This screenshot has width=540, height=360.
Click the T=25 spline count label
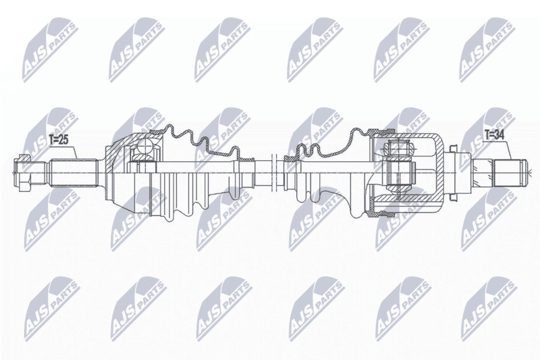click(59, 140)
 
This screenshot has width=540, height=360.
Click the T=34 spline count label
click(494, 135)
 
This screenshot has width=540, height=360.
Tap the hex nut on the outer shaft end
click(22, 173)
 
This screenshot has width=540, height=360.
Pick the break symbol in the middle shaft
click(275, 173)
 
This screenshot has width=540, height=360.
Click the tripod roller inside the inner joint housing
click(398, 148)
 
